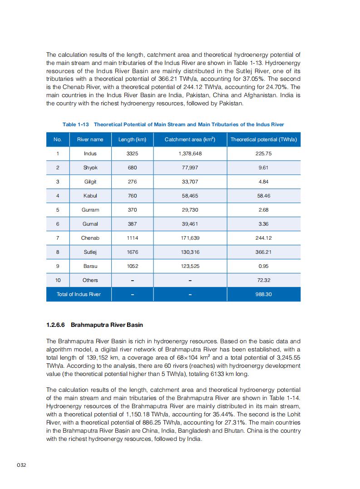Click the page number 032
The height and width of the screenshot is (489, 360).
(x=21, y=465)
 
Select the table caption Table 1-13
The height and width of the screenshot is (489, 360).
(x=173, y=124)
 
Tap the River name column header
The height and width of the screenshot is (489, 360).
(x=90, y=139)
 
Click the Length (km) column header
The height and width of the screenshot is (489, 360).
(x=132, y=139)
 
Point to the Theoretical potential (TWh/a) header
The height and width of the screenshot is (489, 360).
(x=263, y=139)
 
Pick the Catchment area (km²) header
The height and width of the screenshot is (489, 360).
(x=190, y=139)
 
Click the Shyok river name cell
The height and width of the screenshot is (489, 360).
(x=90, y=168)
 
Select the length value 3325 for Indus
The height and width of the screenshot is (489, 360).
(x=132, y=153)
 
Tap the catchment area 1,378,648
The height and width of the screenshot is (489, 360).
(x=190, y=153)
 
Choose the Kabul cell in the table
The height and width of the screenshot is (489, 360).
(x=90, y=196)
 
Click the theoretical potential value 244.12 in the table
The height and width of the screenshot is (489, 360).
(x=263, y=238)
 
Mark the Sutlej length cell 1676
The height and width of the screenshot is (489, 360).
(x=132, y=252)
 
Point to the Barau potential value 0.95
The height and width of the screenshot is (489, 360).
(x=263, y=266)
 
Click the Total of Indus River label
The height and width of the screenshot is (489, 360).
(x=79, y=294)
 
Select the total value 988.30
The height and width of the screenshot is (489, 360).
(x=263, y=294)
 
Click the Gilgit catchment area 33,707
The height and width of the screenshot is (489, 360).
(x=190, y=182)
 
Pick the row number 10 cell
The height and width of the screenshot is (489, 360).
(x=58, y=280)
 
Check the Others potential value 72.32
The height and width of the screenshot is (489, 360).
(x=263, y=280)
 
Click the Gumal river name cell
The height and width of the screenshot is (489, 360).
(x=90, y=224)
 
